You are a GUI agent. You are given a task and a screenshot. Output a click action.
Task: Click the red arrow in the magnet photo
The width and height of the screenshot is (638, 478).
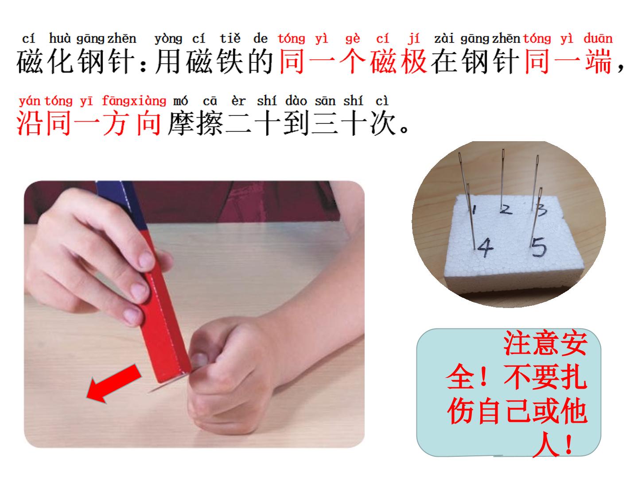coord(114,384)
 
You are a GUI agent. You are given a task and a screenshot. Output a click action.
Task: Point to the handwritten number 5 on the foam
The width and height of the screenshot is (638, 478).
coord(539,247)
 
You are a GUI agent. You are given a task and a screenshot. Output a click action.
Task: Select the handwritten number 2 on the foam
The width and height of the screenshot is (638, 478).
coord(506,209)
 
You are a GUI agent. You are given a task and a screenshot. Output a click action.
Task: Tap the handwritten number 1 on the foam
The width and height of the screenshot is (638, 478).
coord(474,209)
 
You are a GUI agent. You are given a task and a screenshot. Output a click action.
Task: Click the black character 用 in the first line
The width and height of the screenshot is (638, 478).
coord(168,61)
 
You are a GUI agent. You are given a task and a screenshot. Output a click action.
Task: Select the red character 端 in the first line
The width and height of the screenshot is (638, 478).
coord(598,61)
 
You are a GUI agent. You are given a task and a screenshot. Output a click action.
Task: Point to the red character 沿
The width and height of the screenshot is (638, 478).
coord(29,123)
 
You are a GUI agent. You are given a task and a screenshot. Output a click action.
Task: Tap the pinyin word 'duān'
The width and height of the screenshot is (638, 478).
coord(598,39)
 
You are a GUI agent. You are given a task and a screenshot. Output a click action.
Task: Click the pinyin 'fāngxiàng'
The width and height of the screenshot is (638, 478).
coord(134,101)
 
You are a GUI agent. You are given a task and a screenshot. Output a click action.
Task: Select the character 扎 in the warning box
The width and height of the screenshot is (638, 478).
coord(574,377)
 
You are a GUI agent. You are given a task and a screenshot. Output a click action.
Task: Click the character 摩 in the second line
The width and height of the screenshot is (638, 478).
coord(181,123)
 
